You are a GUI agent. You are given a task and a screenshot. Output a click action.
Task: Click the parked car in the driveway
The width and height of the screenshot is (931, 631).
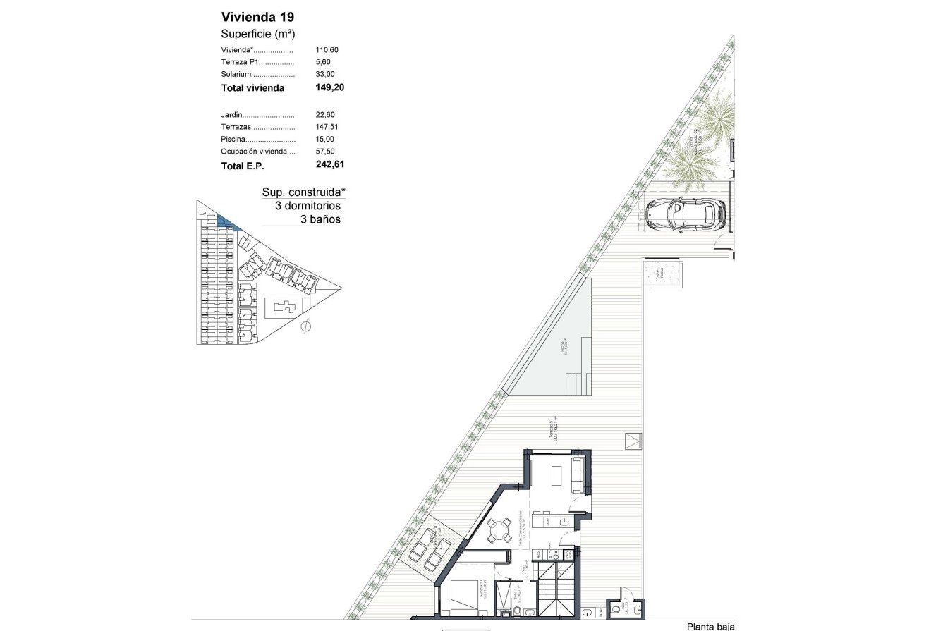click(x=686, y=214)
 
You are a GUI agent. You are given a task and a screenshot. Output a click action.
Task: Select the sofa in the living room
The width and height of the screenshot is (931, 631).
click(x=576, y=475)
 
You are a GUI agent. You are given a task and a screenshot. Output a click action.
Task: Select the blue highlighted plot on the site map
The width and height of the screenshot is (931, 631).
click(x=227, y=222)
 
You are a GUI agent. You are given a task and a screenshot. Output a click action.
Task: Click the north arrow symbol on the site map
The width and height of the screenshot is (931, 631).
click(x=305, y=326)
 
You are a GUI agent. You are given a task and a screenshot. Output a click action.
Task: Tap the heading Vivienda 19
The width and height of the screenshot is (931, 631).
click(x=253, y=16)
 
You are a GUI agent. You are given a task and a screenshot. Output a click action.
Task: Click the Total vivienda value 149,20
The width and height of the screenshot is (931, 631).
click(x=330, y=88)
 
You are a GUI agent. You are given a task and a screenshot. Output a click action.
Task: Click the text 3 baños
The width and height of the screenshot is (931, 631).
click(x=320, y=219)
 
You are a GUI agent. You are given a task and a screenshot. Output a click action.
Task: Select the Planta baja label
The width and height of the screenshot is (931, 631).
click(x=710, y=626)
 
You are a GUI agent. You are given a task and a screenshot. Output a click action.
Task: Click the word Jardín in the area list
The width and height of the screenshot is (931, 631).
click(x=232, y=115)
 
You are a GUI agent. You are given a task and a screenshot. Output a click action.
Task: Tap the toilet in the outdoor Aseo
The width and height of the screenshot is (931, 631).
click(x=616, y=608)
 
